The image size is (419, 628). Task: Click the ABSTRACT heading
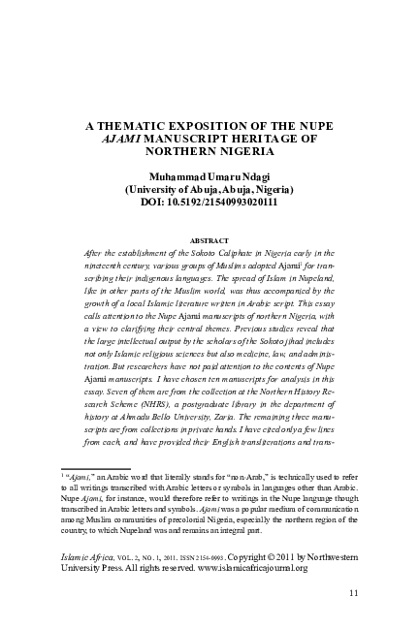coord(209,237)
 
